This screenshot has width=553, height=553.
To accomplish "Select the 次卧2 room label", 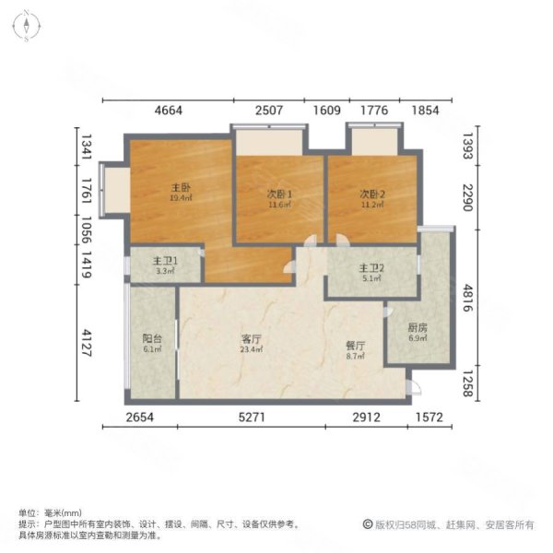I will [x=371, y=194].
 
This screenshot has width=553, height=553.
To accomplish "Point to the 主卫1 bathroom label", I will [x=166, y=262].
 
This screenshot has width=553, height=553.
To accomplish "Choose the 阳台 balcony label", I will [x=153, y=338].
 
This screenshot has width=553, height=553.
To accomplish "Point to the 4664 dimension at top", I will [x=169, y=112].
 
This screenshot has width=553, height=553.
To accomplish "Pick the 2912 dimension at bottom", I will [x=368, y=419].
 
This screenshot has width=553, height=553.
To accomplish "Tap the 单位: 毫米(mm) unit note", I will [x=51, y=512].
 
